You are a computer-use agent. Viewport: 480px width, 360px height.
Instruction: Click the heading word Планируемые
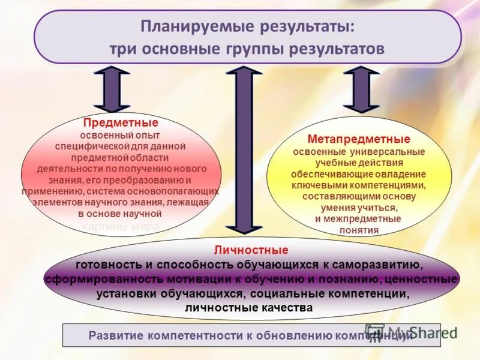(x=181, y=28)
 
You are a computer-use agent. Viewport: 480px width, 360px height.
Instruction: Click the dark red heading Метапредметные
(x=359, y=140)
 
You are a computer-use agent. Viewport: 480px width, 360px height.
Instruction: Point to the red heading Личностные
(x=251, y=250)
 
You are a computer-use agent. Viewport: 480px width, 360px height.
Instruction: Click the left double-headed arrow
(x=112, y=88)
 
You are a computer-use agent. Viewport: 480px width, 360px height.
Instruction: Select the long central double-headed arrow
(x=244, y=149)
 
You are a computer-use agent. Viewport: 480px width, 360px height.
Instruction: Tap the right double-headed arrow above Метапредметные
(x=361, y=89)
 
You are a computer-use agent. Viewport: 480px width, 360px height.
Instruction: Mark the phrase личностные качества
(x=248, y=308)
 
